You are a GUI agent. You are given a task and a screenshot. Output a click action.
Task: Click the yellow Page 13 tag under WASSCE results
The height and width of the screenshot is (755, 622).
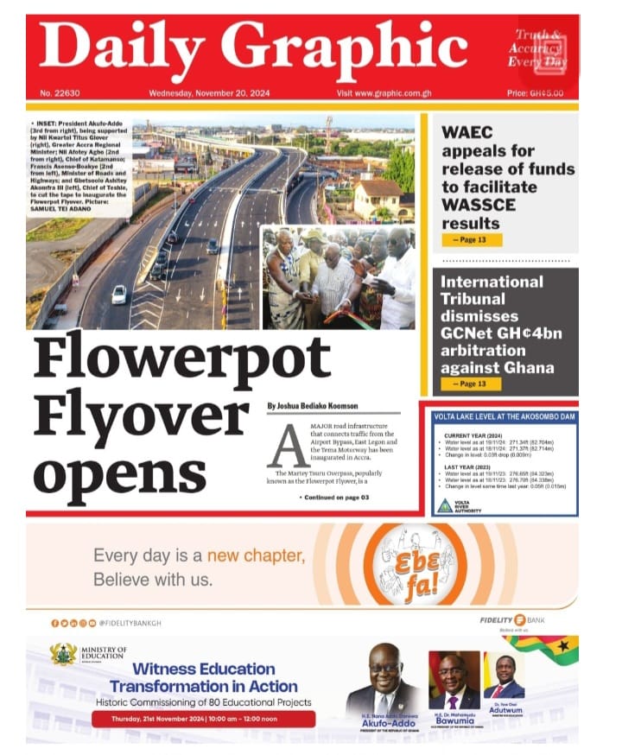click(471, 239)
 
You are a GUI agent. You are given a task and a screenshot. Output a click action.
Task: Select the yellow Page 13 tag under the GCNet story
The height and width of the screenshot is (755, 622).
click(471, 383)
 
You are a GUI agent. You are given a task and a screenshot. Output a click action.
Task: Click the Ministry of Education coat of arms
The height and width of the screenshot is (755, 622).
click(63, 654)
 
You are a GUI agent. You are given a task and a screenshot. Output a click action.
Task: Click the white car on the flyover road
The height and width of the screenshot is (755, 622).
click(118, 294)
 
